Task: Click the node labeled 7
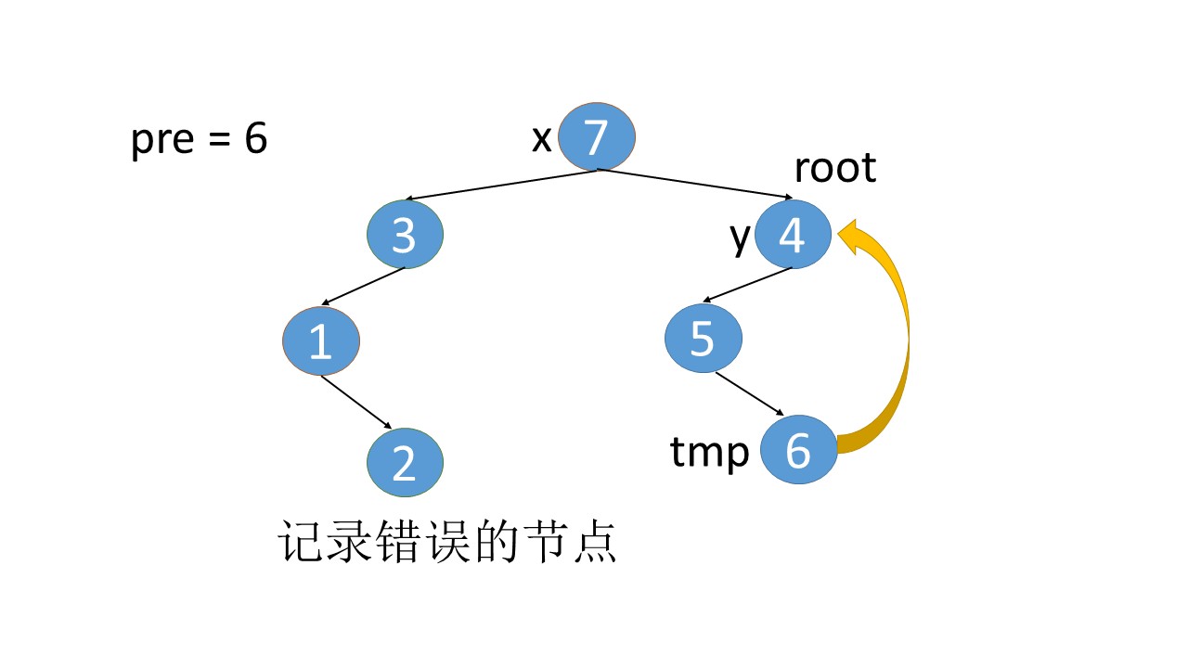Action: click(596, 136)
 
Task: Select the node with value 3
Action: click(405, 235)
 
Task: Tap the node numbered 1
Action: click(320, 340)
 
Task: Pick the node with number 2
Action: click(405, 462)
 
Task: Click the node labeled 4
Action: click(792, 235)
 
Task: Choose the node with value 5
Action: click(703, 339)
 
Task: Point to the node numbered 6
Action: click(798, 450)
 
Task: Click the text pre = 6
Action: click(199, 140)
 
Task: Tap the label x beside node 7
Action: click(541, 139)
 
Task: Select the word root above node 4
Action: click(834, 168)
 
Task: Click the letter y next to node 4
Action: click(739, 237)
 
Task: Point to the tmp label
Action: click(709, 453)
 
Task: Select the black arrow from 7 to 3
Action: click(501, 185)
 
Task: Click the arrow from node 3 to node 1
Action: click(363, 287)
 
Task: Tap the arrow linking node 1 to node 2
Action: click(362, 402)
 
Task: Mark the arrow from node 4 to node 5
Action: click(747, 285)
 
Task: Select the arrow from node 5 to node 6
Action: click(750, 392)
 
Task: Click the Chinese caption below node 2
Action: click(447, 543)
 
